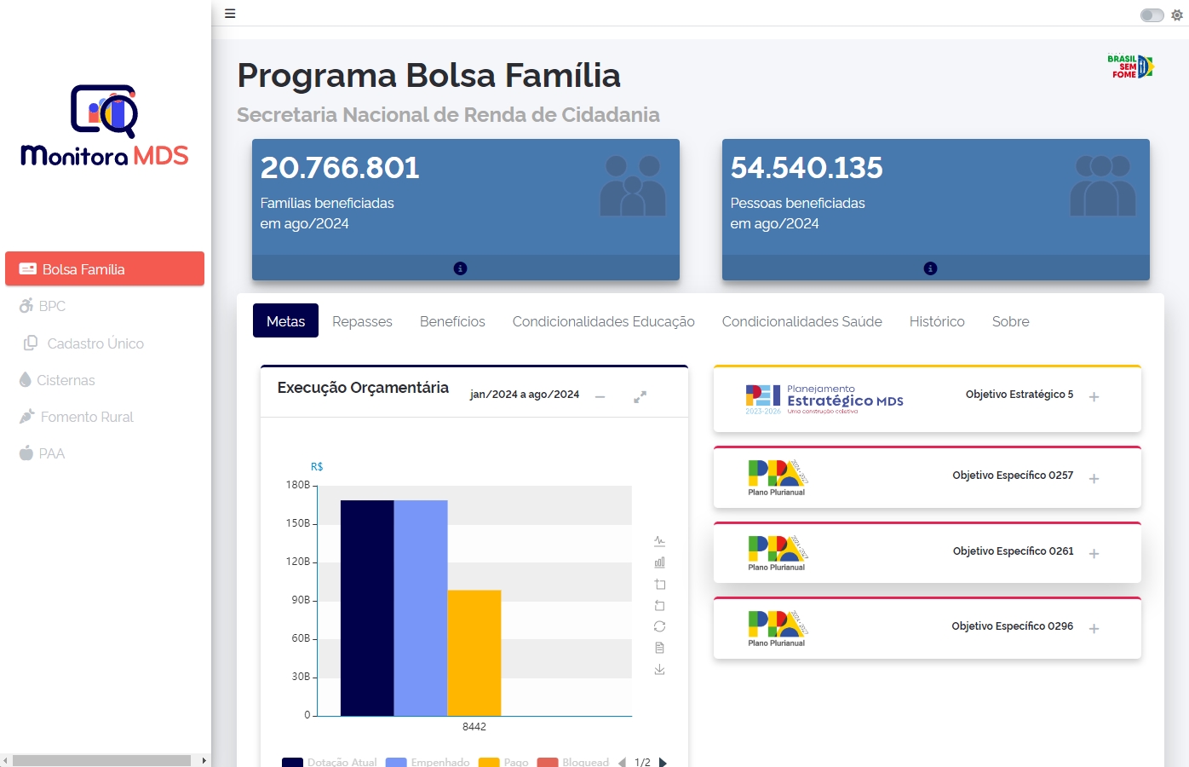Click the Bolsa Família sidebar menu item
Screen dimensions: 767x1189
pos(104,269)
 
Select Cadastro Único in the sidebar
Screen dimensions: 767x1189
pos(95,343)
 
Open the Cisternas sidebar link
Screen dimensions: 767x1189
pos(65,380)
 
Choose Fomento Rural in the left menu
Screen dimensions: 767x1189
pos(86,417)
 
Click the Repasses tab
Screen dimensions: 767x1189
pos(362,321)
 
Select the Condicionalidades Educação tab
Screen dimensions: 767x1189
pos(603,321)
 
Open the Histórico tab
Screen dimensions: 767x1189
pos(936,321)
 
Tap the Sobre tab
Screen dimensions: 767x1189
pos(1010,321)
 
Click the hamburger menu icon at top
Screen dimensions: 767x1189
pos(230,14)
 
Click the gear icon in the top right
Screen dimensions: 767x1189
pos(1177,15)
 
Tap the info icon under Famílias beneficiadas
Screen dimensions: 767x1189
pos(460,268)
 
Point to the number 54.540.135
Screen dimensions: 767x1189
pos(806,168)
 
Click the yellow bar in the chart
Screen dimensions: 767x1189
pos(474,652)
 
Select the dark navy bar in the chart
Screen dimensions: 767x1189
pos(367,607)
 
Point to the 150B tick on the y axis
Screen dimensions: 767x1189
pos(298,523)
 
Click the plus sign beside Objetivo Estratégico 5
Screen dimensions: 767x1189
pos(1094,397)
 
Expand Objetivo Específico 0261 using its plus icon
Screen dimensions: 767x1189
pos(1094,554)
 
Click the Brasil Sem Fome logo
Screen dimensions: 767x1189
pos(1130,66)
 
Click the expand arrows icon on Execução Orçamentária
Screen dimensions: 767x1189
pos(640,397)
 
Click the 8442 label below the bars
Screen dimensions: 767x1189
pos(474,727)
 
